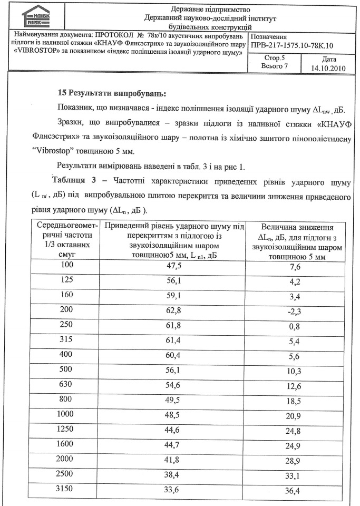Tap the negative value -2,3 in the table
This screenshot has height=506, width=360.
(294, 311)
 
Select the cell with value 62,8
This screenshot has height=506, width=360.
(174, 310)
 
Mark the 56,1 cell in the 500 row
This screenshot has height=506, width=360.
(174, 369)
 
